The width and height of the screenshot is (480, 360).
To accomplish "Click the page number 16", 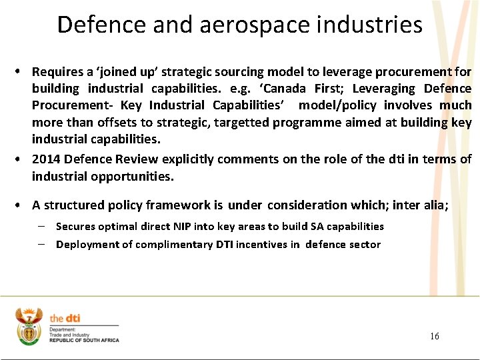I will (x=434, y=336).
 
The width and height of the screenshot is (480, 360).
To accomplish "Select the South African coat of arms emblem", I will (x=29, y=326).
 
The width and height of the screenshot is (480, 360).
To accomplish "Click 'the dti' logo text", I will (x=65, y=318).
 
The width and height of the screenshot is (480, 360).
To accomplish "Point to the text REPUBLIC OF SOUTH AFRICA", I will (x=84, y=340).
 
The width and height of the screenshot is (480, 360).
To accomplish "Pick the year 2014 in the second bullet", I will (x=45, y=159).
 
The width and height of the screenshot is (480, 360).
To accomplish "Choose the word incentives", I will (x=261, y=245).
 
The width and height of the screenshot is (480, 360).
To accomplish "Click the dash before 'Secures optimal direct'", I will (x=41, y=226).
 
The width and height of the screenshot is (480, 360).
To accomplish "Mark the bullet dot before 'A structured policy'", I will (x=22, y=205).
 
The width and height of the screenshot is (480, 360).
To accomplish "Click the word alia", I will (x=434, y=205).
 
